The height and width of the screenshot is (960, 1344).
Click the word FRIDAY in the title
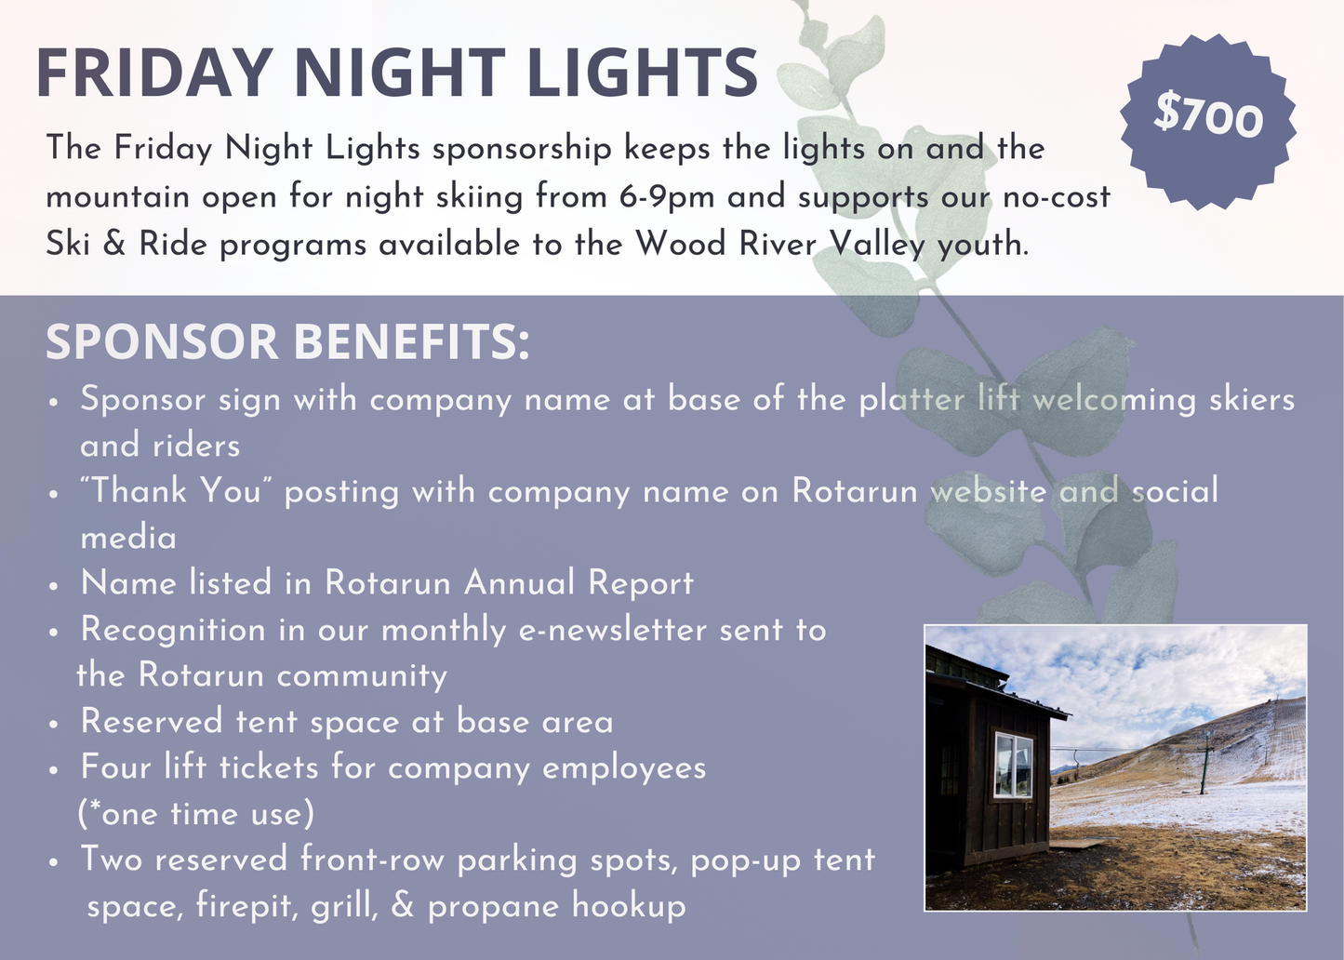pyautogui.click(x=153, y=73)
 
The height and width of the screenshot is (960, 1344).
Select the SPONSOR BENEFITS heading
pyautogui.click(x=287, y=341)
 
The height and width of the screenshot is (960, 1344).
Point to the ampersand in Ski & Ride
pyautogui.click(x=113, y=245)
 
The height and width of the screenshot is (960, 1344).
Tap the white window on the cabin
pyautogui.click(x=1012, y=765)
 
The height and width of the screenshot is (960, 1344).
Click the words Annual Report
pyautogui.click(x=579, y=583)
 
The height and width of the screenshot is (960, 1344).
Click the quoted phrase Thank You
pyautogui.click(x=176, y=491)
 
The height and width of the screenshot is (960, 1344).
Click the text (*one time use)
pyautogui.click(x=196, y=814)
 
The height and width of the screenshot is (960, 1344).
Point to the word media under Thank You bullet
pyautogui.click(x=128, y=538)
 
